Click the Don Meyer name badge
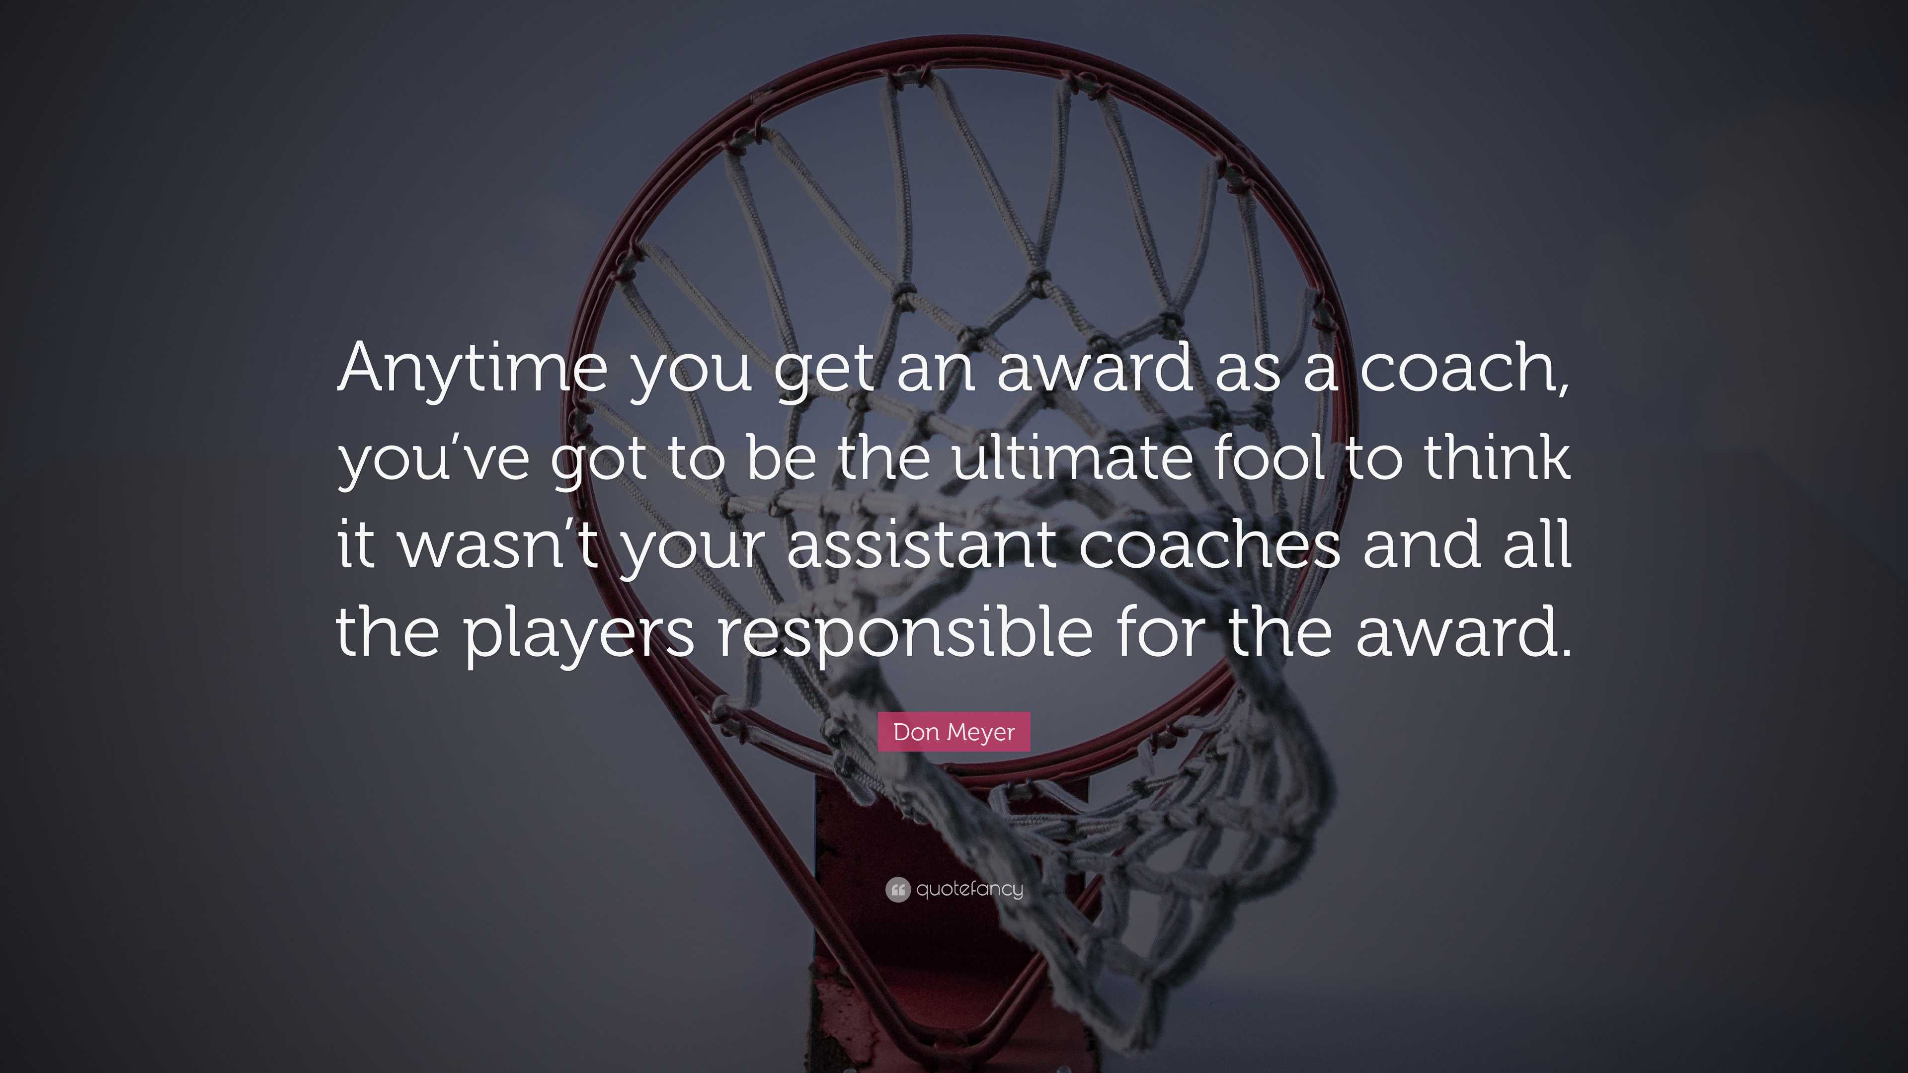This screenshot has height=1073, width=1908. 954,732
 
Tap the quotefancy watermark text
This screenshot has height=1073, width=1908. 969,889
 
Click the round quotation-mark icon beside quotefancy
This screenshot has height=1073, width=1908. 897,889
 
